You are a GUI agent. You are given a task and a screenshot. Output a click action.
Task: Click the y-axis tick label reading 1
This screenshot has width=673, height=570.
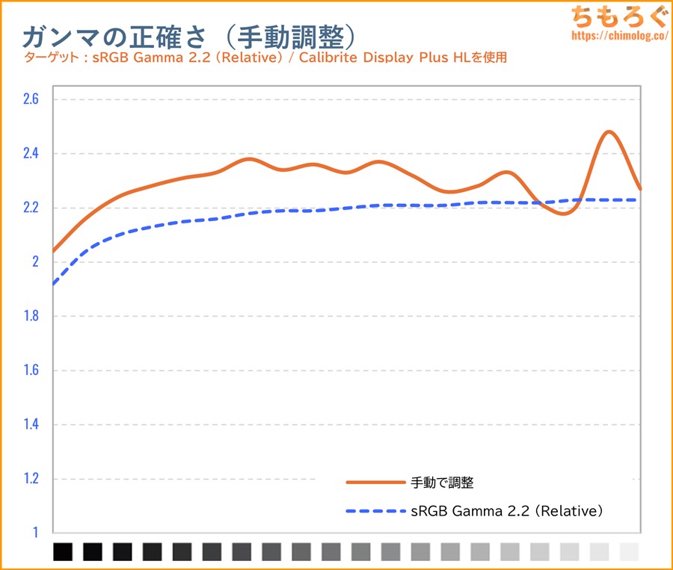34,533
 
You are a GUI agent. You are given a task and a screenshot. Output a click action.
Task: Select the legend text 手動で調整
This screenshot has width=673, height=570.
442,483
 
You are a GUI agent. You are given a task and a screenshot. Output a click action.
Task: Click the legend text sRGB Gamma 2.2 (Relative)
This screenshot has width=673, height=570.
507,512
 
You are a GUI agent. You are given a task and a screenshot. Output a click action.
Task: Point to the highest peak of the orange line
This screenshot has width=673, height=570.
609,132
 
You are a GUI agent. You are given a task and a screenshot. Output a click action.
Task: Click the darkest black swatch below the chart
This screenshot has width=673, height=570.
63,551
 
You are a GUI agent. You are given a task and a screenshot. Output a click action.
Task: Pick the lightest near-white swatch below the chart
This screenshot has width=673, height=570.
630,551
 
